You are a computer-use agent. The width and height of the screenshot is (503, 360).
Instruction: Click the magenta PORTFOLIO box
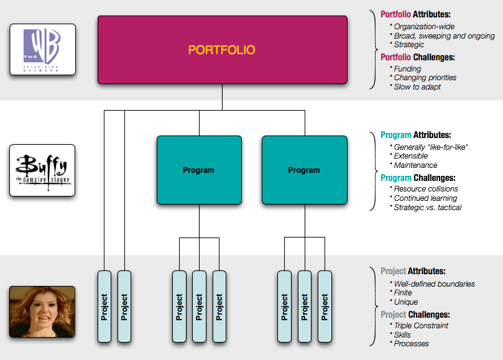(x=222, y=49)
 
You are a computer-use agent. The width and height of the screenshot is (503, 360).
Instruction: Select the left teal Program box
(x=198, y=170)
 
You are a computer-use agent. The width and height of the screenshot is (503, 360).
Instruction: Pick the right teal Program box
(x=304, y=170)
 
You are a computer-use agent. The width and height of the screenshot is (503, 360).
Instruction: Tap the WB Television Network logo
(x=43, y=49)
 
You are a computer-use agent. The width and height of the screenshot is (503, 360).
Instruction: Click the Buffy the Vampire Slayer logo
(x=43, y=170)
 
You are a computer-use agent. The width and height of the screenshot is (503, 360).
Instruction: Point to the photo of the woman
(x=42, y=312)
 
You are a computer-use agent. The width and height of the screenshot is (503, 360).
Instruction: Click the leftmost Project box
(x=104, y=306)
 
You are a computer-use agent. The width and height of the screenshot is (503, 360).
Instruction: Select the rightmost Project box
(x=325, y=306)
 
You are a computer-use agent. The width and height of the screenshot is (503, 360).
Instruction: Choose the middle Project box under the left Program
(x=199, y=306)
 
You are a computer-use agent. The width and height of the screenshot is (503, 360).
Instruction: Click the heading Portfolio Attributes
(x=416, y=14)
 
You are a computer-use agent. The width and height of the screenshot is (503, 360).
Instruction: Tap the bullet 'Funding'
(x=407, y=69)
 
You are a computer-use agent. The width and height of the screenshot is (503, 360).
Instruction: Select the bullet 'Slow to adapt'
(x=417, y=87)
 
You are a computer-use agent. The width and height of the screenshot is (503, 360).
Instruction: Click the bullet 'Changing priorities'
(x=425, y=78)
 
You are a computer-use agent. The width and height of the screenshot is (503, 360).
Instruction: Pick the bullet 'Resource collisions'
(x=426, y=188)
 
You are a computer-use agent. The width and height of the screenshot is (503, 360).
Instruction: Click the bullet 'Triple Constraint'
(x=421, y=326)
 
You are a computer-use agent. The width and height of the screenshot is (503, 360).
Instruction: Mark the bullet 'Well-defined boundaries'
(x=434, y=284)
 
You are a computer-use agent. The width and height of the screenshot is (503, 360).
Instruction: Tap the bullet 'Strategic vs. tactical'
(x=428, y=207)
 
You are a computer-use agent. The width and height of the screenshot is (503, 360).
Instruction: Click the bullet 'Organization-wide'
(x=424, y=27)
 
